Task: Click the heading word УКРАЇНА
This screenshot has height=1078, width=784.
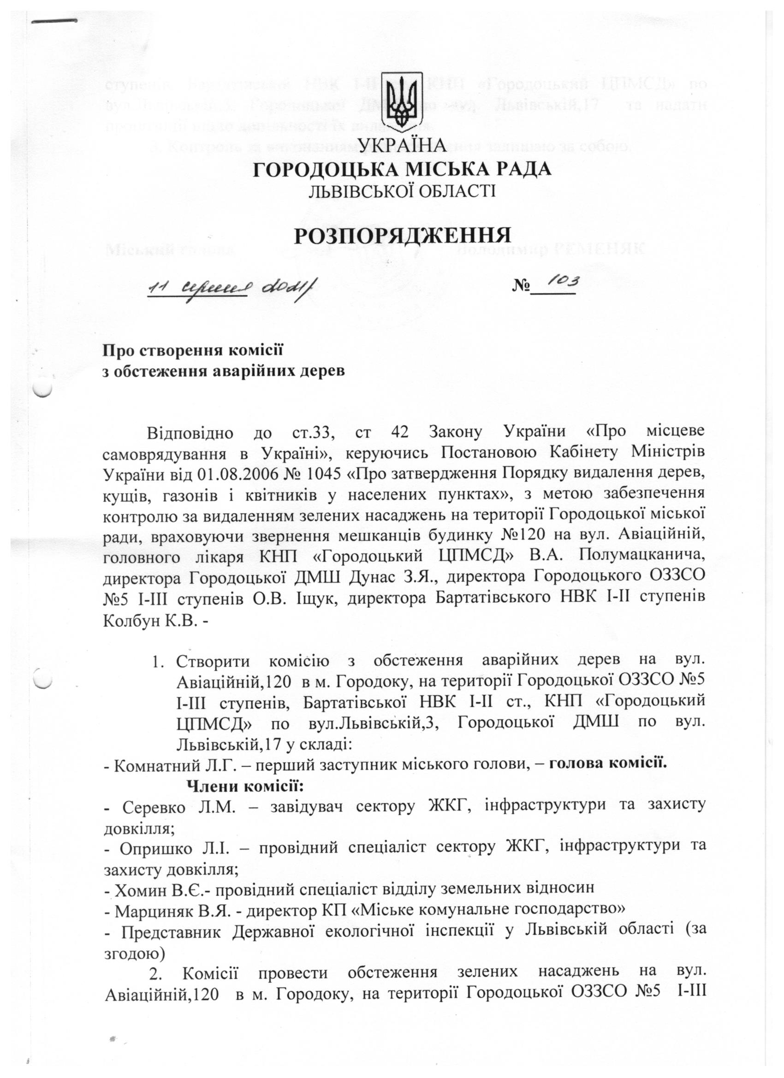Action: (x=402, y=145)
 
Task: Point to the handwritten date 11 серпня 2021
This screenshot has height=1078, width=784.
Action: (x=233, y=286)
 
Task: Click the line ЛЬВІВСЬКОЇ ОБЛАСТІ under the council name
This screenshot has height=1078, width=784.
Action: (x=402, y=190)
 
